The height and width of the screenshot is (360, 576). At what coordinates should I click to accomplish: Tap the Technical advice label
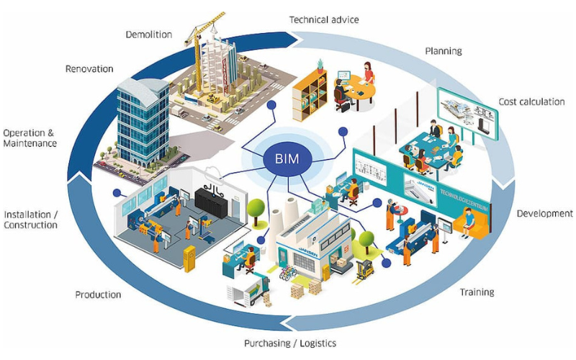323,19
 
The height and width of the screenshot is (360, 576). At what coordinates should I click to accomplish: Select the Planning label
443,51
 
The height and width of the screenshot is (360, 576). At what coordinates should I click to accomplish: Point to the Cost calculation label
531,102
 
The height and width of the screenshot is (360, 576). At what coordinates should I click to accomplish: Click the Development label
545,213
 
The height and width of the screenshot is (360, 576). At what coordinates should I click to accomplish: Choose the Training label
477,292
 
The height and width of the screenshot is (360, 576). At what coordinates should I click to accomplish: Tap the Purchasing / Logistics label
289,343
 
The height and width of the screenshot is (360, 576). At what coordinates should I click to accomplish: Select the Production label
98,294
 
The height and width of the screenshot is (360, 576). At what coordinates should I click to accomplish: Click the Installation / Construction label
30,220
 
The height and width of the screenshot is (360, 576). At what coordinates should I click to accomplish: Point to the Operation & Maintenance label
30,138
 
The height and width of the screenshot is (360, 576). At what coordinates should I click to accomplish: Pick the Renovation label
89,69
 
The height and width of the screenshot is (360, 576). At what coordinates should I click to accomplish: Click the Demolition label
148,34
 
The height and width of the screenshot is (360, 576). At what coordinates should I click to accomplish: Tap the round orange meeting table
361,90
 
